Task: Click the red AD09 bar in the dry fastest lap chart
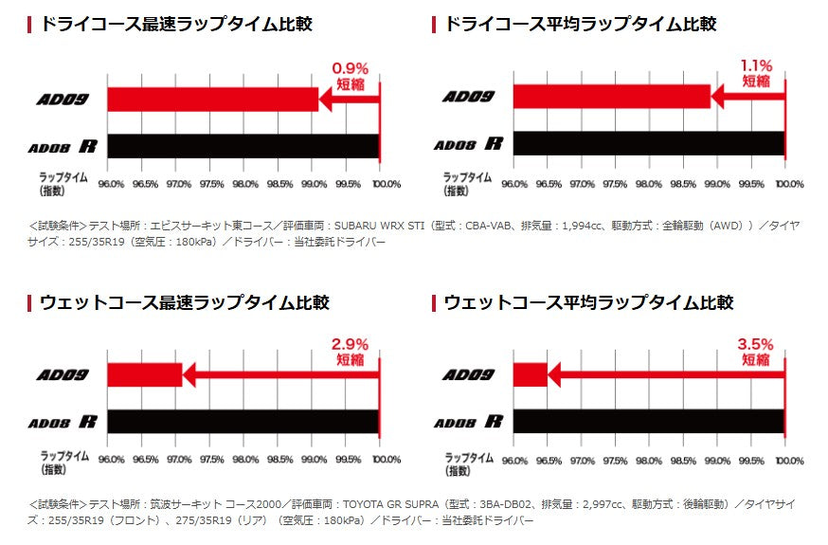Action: (x=212, y=99)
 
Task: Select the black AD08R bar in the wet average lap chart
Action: (x=649, y=421)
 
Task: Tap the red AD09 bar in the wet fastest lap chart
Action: (x=144, y=374)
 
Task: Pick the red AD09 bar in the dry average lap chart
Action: (x=612, y=96)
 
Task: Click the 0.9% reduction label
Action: (x=349, y=75)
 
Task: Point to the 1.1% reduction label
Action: (x=756, y=73)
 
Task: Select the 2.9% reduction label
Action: (x=349, y=350)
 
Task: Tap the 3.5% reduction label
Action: (x=756, y=350)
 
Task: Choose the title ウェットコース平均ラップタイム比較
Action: (x=588, y=302)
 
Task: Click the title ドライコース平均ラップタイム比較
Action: (x=580, y=24)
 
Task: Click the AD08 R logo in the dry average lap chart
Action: (x=468, y=144)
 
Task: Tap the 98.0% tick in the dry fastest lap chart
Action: (x=245, y=184)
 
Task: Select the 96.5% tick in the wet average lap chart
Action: (x=549, y=461)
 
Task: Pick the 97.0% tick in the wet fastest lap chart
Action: (x=178, y=461)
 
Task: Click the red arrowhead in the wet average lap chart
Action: (x=554, y=374)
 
